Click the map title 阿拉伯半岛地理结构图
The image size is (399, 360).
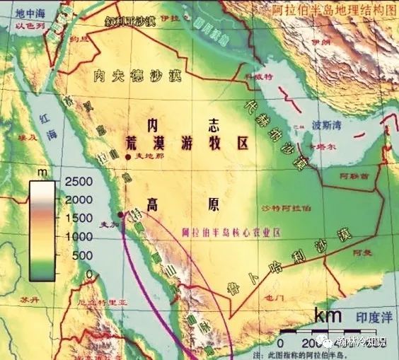click(x=332, y=10)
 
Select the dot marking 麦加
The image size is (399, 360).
click(x=121, y=214)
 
